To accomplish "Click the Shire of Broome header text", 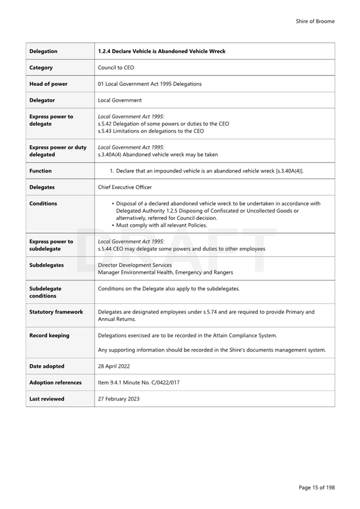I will pyautogui.click(x=315, y=21).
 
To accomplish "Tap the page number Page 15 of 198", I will pyautogui.click(x=316, y=488).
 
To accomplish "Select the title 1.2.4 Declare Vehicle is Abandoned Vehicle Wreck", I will pyautogui.click(x=162, y=51).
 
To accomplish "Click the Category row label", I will pyautogui.click(x=41, y=68).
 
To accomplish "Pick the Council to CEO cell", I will pyautogui.click(x=116, y=68).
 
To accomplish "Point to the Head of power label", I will pyautogui.click(x=49, y=84).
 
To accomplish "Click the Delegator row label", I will pyautogui.click(x=42, y=100).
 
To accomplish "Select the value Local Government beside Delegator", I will pyautogui.click(x=120, y=100).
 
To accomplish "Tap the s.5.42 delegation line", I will pyautogui.click(x=163, y=124).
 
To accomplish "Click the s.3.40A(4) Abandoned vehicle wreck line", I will pyautogui.click(x=158, y=155).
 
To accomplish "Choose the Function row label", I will pyautogui.click(x=41, y=171).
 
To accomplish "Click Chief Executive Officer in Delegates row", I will pyautogui.click(x=125, y=187).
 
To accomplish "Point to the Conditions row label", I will pyautogui.click(x=44, y=203).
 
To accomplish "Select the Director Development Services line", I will pyautogui.click(x=135, y=265).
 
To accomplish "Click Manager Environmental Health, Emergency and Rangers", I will pyautogui.click(x=165, y=272).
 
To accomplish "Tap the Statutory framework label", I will pyautogui.click(x=56, y=312).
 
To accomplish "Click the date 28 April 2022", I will pyautogui.click(x=114, y=366).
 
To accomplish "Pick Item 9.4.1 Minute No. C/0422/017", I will pyautogui.click(x=138, y=382).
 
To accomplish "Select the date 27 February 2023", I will pyautogui.click(x=119, y=399).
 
